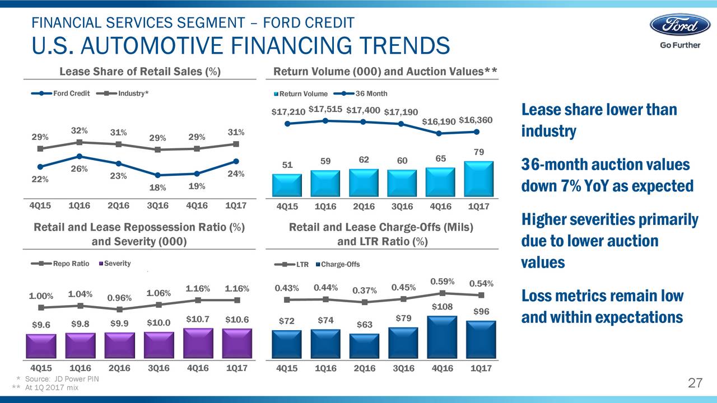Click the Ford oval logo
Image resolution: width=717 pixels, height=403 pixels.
click(679, 25)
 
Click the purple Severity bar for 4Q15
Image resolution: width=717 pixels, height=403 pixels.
click(41, 345)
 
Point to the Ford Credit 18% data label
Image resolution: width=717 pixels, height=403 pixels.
click(157, 188)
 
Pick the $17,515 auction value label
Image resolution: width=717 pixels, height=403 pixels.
click(325, 109)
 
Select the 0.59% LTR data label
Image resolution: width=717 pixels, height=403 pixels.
click(442, 280)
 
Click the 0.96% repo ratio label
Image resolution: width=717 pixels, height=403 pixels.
click(119, 297)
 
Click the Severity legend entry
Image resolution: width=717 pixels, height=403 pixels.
click(115, 264)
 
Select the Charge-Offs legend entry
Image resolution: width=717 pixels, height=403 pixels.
click(338, 264)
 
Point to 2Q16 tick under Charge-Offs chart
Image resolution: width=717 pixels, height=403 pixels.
click(364, 368)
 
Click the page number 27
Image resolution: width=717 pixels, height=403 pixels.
click(695, 383)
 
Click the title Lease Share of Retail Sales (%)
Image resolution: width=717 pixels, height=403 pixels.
click(139, 71)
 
